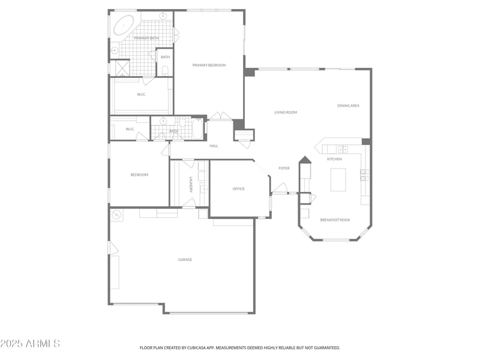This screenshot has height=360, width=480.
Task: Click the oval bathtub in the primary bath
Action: click(x=124, y=25)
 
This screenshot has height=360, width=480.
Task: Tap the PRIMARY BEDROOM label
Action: click(x=209, y=65)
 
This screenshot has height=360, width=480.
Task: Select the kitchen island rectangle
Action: click(x=338, y=179)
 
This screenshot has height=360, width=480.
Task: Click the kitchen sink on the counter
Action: click(x=343, y=149)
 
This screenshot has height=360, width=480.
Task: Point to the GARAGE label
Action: click(x=185, y=260)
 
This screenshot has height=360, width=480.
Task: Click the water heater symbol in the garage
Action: click(x=116, y=214)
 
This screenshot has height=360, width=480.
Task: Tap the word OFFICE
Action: click(x=239, y=189)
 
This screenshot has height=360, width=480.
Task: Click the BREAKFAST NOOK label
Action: click(x=335, y=220)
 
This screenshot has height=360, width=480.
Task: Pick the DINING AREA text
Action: click(x=348, y=106)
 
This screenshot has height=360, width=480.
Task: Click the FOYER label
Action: click(x=284, y=168)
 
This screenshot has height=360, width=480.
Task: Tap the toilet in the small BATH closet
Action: click(x=165, y=70)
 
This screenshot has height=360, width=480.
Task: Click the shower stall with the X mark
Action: click(x=122, y=68)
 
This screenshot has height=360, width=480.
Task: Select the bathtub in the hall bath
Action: click(x=197, y=128)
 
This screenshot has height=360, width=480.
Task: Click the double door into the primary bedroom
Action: click(x=220, y=116)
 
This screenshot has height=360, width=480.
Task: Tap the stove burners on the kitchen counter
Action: click(x=364, y=175)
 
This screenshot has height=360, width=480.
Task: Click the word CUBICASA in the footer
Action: click(x=197, y=347)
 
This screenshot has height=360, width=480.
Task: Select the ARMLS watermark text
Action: click(x=30, y=344)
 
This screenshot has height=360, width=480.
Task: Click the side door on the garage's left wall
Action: click(x=112, y=248)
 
